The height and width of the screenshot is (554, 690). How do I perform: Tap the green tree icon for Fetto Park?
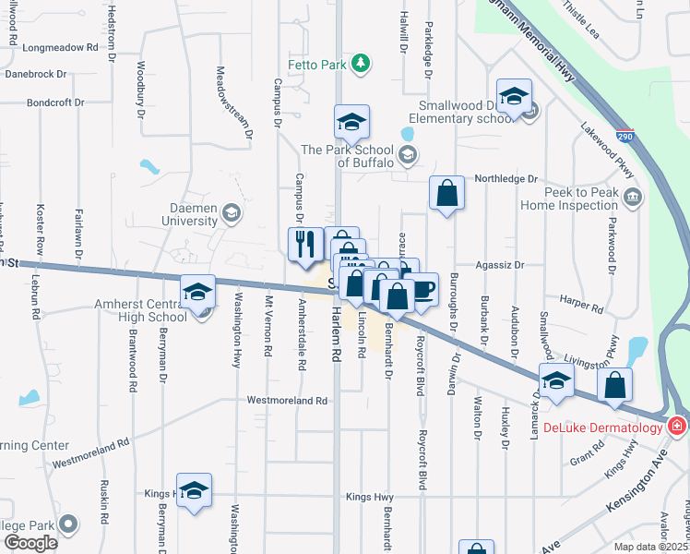363,63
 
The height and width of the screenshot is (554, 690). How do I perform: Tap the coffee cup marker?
422,290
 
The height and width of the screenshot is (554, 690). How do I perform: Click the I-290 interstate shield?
625,134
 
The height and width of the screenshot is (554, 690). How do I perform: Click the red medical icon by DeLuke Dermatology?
677,425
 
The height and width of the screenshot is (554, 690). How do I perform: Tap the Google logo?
30,542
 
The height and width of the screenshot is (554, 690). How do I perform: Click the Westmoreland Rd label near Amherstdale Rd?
287,401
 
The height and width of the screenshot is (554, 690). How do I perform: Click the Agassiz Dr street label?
499,265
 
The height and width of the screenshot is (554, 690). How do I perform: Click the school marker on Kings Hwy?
195,490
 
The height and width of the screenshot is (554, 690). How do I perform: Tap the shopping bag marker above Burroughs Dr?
446,194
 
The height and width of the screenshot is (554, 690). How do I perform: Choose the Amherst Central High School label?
140,310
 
